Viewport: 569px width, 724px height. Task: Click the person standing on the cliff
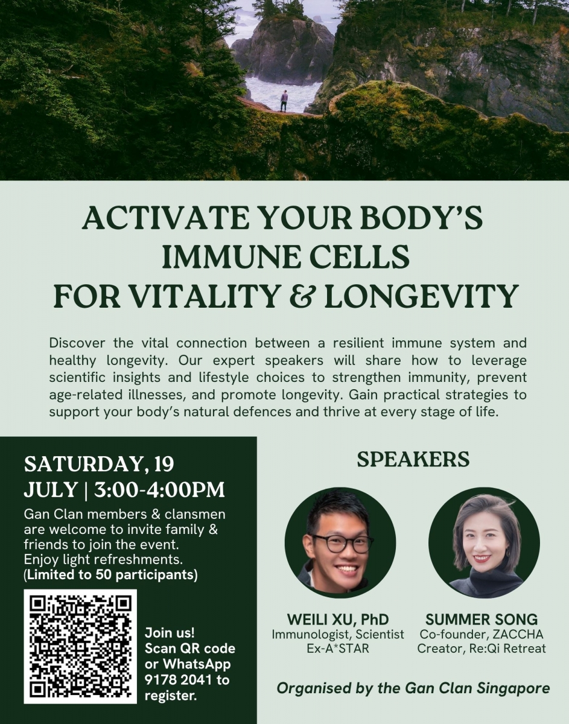(284, 101)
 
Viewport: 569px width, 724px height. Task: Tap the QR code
(80, 646)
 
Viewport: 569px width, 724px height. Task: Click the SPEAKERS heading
(413, 460)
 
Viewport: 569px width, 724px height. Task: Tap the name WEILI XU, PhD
(338, 620)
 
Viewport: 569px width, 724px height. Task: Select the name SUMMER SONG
(482, 620)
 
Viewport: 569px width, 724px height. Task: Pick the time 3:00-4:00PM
(159, 490)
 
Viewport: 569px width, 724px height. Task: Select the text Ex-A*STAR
(338, 649)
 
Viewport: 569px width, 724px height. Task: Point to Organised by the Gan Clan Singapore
(413, 688)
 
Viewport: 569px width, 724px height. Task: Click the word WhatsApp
(197, 665)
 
